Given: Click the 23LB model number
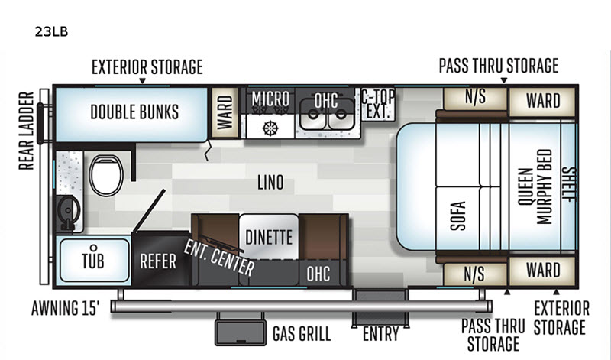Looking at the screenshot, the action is point(51,31).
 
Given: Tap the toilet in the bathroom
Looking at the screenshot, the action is point(106,175).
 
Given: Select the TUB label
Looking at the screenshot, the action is point(93,261).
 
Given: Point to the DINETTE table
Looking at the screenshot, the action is point(269,237).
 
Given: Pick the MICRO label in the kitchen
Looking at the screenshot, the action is point(270,99).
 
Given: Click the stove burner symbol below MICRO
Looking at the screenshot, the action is point(270,128).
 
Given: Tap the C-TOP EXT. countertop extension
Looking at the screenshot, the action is point(378,104).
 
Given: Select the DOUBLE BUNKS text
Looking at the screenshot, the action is point(134,112).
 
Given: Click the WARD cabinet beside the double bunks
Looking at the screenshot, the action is point(225,112).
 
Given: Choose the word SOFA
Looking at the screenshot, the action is point(457,216).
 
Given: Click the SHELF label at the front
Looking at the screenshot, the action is point(568,184).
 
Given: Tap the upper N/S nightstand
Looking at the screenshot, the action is point(475,99).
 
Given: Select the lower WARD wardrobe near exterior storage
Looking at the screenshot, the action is point(542,271).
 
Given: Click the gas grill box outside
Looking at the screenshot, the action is point(241,332).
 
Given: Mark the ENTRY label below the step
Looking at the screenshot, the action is point(380,334).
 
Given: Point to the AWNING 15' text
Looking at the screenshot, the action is point(65,308).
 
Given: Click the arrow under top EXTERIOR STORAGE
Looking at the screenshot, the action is point(143,81).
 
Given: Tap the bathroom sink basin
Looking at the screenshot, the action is point(68,211).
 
